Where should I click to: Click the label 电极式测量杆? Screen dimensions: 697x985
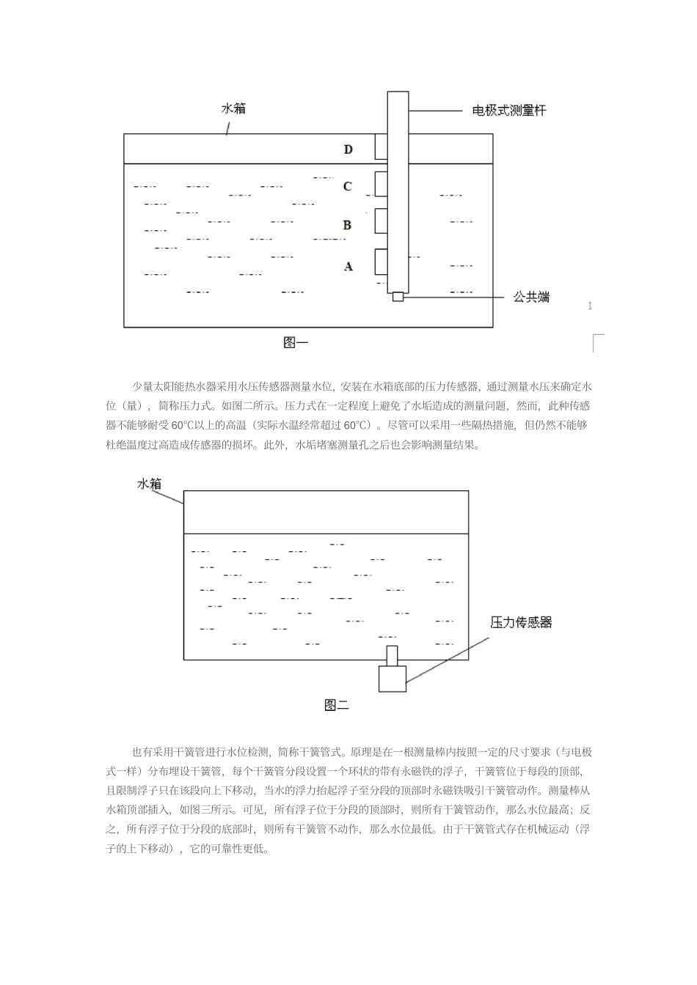tap(508, 111)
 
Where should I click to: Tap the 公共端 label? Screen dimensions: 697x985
tap(531, 298)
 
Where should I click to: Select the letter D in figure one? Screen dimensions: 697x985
tap(348, 150)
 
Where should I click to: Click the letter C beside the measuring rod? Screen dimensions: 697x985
tap(348, 186)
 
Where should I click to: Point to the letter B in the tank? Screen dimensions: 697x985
tap(347, 225)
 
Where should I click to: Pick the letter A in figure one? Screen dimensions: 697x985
tap(348, 267)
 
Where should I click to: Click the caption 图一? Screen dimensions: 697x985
tap(296, 342)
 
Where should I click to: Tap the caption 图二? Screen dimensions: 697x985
tap(336, 705)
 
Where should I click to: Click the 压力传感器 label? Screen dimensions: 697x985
tap(521, 623)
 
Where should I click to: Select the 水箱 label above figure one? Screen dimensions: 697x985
tap(233, 108)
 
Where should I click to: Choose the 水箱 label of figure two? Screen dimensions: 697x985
tap(149, 484)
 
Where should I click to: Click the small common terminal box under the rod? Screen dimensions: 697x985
tap(398, 297)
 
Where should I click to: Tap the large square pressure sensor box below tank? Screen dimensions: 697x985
tap(393, 678)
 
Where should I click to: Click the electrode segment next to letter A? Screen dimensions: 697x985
tap(382, 261)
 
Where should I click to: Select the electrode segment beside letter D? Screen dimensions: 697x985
tap(382, 146)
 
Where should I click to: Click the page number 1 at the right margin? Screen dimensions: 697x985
tap(590, 306)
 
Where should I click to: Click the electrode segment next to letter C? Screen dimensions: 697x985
tap(382, 183)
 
